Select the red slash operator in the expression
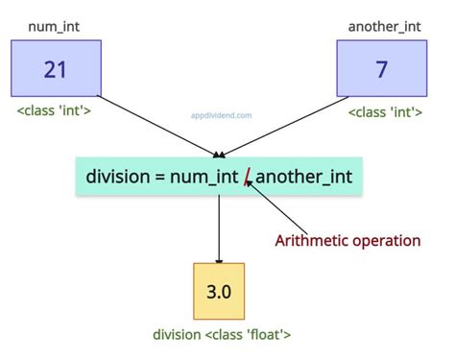click(248, 178)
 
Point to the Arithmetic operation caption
click(347, 240)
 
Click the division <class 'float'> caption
click(222, 335)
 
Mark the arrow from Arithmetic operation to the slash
click(274, 206)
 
